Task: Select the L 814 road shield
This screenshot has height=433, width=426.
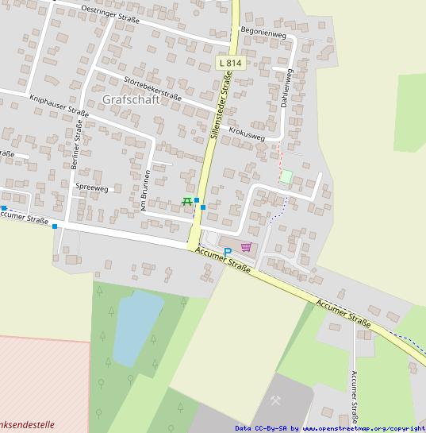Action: [x=230, y=62]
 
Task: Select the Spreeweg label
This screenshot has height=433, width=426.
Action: [x=91, y=188]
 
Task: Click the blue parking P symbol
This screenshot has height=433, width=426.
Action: [x=228, y=253]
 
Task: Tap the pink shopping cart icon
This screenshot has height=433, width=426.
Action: [x=246, y=247]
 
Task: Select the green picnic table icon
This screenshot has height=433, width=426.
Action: [x=188, y=201]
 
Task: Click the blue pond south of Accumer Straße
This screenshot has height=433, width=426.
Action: [x=136, y=326]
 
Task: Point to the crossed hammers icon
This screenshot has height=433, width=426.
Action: [x=278, y=400]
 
